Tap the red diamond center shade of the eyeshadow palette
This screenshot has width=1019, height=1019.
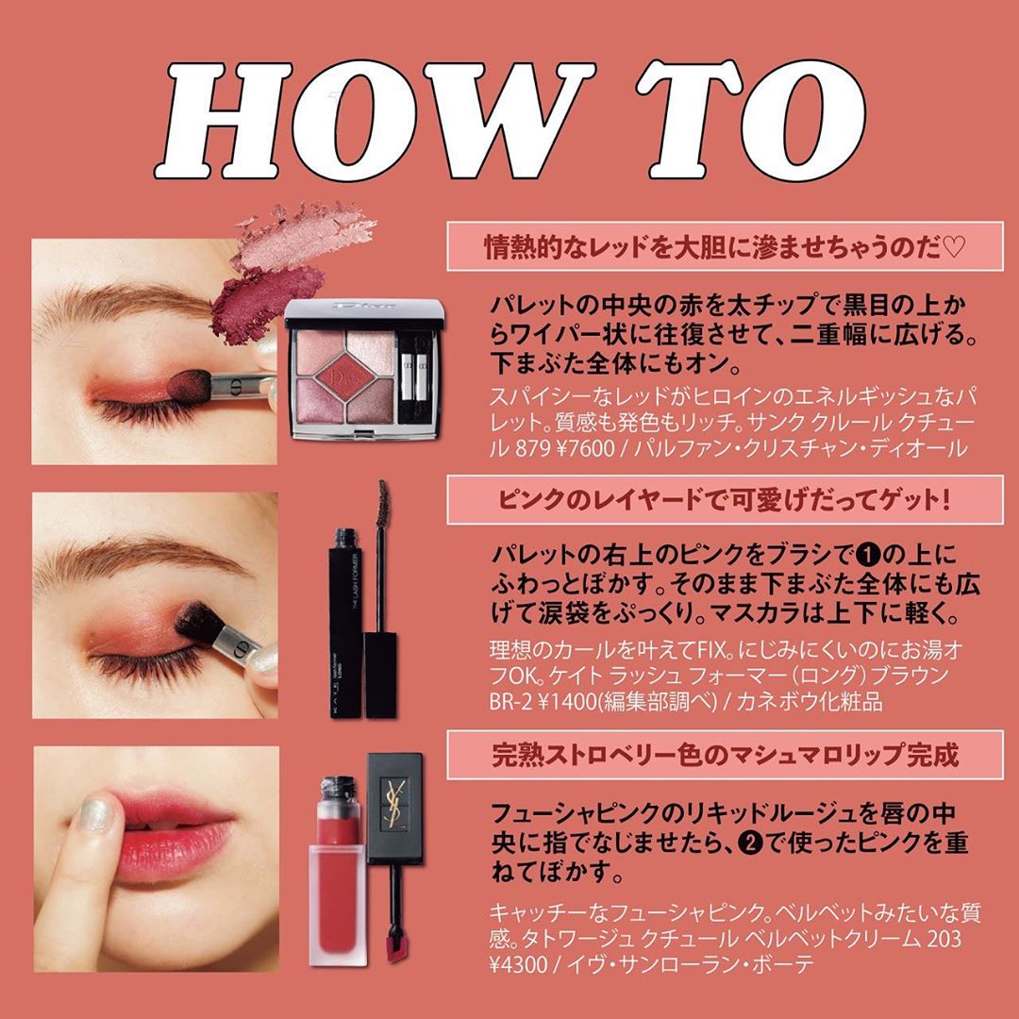click(345, 376)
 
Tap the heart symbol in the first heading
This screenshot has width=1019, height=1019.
click(953, 246)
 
